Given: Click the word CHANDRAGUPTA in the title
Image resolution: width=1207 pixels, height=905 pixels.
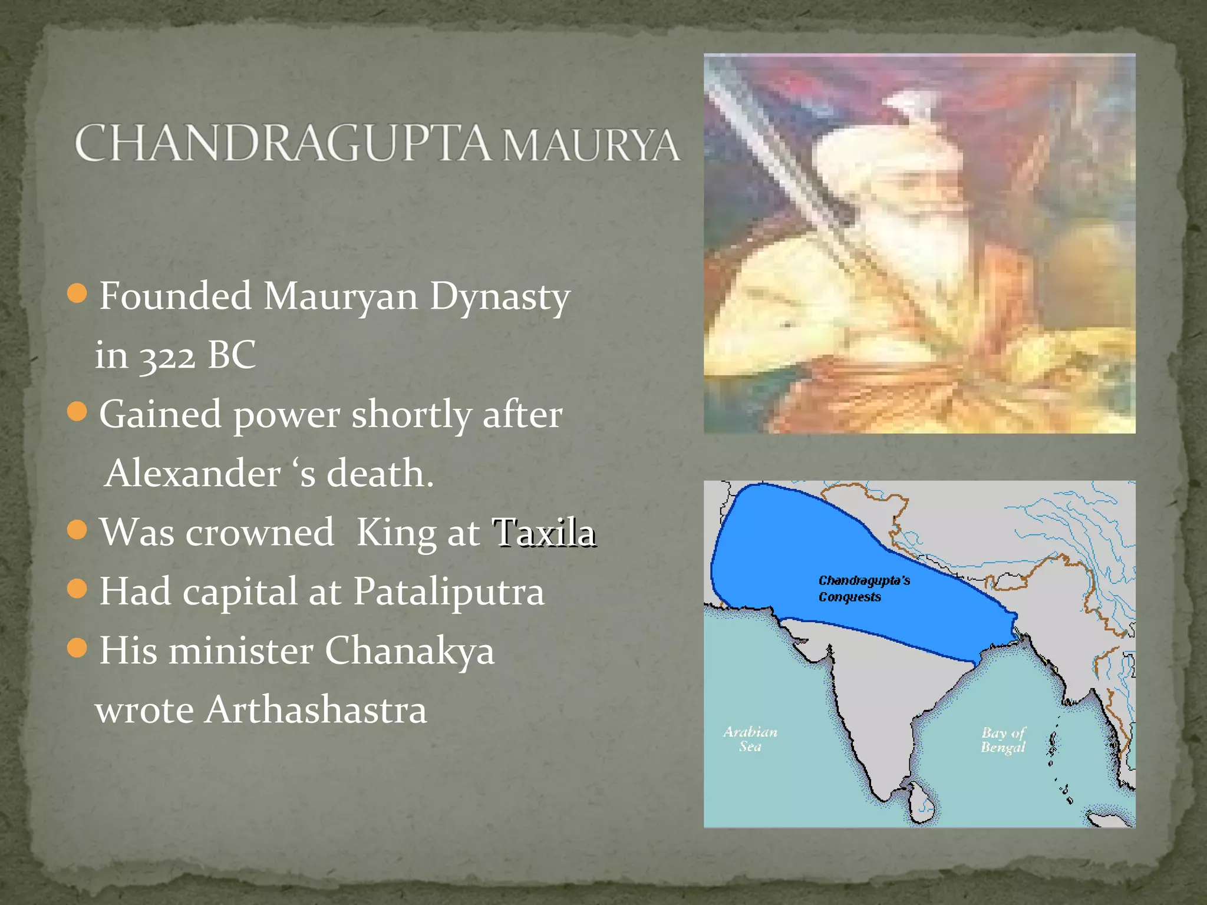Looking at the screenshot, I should coord(282,143).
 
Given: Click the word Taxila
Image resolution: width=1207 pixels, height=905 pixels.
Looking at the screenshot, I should coord(543,533).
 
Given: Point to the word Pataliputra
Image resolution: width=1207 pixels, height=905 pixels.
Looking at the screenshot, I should coord(448,592).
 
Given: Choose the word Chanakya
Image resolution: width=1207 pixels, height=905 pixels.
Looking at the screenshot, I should coord(409,651).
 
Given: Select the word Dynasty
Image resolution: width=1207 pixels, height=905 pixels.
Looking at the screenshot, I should coord(499,296).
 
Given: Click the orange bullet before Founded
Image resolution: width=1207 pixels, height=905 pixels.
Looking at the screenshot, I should coord(77,293).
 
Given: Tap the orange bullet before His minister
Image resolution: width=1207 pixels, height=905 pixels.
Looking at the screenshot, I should coord(77,648).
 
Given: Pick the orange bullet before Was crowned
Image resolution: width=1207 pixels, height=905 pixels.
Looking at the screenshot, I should coord(77,530).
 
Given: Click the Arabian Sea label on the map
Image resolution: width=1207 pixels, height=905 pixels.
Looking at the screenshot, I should coord(750,739).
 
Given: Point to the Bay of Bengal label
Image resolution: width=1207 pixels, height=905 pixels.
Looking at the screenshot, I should coord(1003,740).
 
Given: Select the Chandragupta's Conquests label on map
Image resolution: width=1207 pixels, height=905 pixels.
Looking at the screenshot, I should coord(863,589).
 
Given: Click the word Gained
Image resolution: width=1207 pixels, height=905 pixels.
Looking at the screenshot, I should coord(160,414).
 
